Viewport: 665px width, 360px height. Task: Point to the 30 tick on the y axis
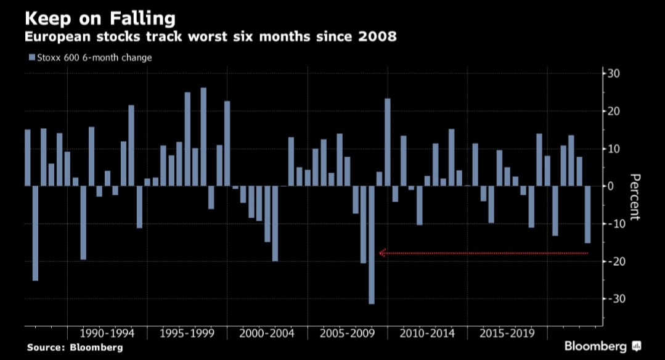[614, 74]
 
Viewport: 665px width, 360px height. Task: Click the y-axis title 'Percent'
[635, 197]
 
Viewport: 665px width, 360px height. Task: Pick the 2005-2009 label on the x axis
[348, 333]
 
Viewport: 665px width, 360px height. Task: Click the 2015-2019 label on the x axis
[507, 333]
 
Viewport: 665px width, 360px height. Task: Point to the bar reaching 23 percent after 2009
[388, 142]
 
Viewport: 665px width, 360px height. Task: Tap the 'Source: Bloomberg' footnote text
[75, 348]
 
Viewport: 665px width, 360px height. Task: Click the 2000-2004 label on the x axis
[267, 333]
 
